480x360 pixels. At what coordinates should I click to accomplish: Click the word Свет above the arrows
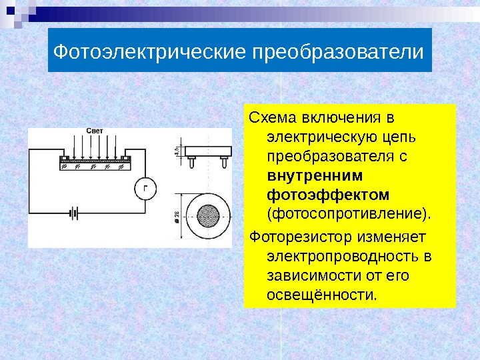tap(94, 131)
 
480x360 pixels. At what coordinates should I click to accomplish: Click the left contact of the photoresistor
tap(63, 159)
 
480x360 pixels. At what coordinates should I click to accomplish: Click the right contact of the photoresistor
tap(127, 159)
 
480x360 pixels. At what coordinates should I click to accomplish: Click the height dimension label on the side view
tap(177, 152)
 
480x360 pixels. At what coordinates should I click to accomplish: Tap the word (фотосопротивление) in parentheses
tap(348, 215)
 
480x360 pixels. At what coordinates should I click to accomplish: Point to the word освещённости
tap(321, 294)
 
